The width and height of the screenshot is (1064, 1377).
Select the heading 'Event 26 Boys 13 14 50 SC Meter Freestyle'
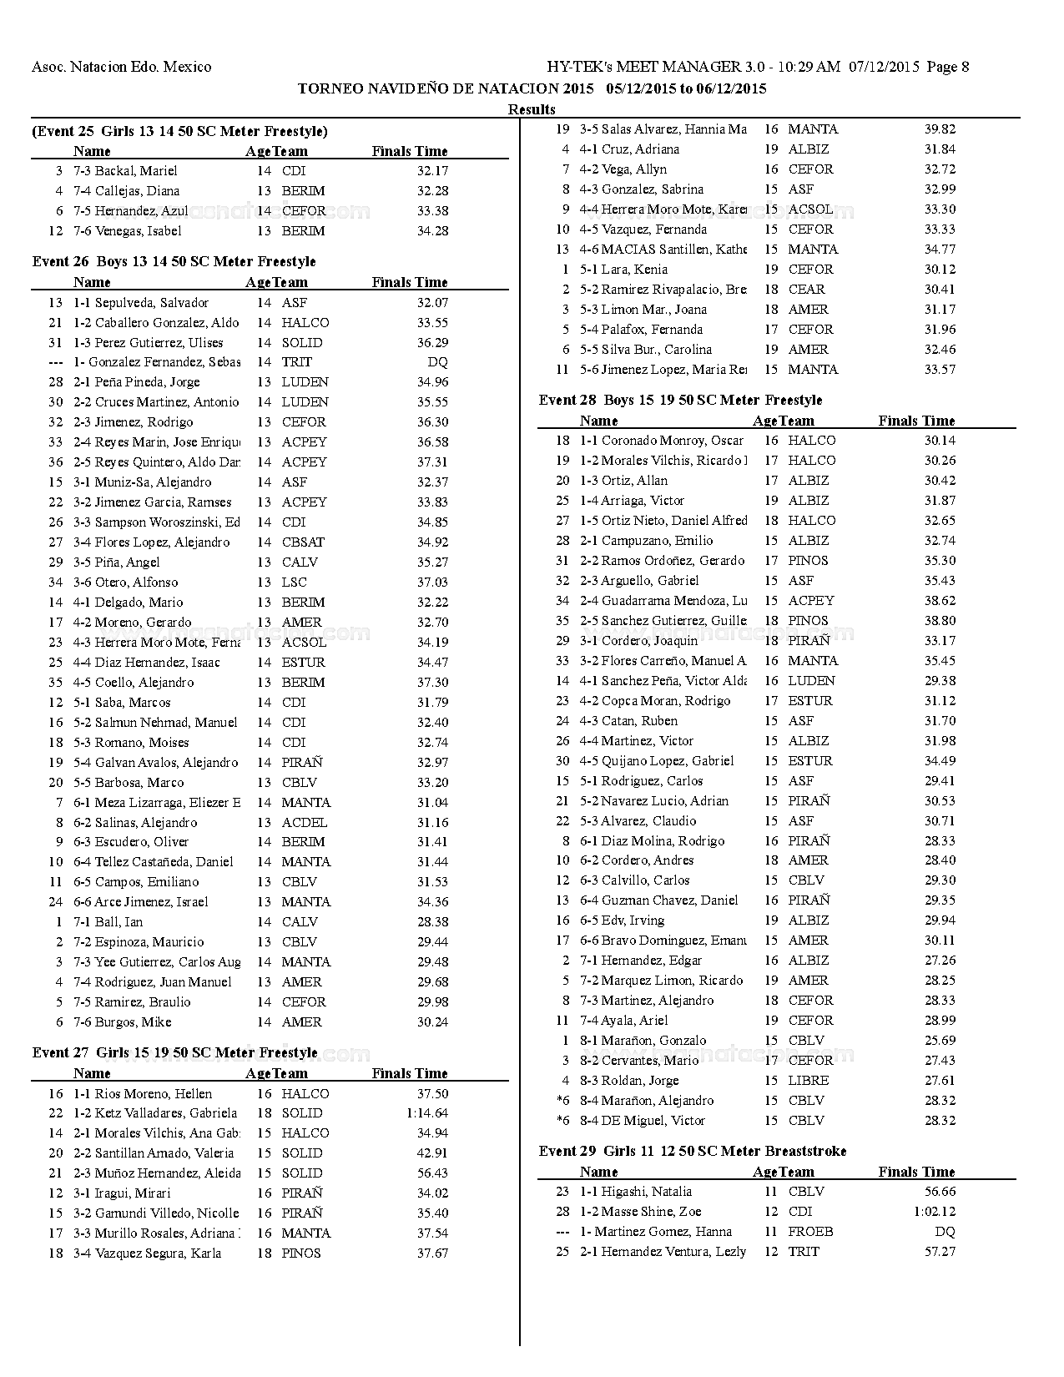[174, 261]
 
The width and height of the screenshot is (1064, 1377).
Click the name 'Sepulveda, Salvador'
[151, 302]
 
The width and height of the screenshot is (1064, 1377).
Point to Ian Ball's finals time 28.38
[432, 921]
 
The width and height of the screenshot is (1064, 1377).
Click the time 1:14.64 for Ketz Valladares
[427, 1112]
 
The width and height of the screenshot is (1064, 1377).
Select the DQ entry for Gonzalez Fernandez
[437, 362]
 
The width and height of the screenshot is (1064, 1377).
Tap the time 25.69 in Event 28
[940, 1040]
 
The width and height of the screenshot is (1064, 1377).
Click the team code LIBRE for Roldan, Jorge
[808, 1080]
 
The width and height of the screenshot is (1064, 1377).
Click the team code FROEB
[810, 1231]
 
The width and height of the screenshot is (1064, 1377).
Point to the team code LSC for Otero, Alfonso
[294, 582]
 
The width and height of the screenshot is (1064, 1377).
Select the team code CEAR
[806, 289]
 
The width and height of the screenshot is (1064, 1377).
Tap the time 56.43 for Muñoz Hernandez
[432, 1173]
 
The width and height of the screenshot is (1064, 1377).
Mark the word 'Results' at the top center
[532, 109]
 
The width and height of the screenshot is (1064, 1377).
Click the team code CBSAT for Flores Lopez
[303, 542]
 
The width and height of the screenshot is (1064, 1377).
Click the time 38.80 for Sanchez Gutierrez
[940, 620]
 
